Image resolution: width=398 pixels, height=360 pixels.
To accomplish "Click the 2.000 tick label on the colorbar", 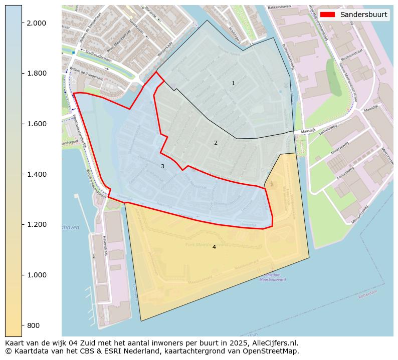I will pos(37,23).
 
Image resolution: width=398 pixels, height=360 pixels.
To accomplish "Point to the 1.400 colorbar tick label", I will pos(37,174).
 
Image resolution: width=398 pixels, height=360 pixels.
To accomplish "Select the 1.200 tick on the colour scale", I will pos(37,225).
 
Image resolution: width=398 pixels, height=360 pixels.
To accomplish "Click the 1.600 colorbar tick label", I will pos(37,124).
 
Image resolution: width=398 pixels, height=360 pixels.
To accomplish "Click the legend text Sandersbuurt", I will pos(363,15).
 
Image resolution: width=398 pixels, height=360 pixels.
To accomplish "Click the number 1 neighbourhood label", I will pos(233,83).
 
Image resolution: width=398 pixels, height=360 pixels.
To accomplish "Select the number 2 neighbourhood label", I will pos(216,143).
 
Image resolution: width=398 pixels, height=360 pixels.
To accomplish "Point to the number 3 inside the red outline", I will pos(162,166).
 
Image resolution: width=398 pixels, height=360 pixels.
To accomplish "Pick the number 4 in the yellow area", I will pos(214,247).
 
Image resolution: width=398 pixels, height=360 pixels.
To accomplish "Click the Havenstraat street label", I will pos(105,246).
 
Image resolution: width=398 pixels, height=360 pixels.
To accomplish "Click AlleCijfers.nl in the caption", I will pos(274,343).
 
